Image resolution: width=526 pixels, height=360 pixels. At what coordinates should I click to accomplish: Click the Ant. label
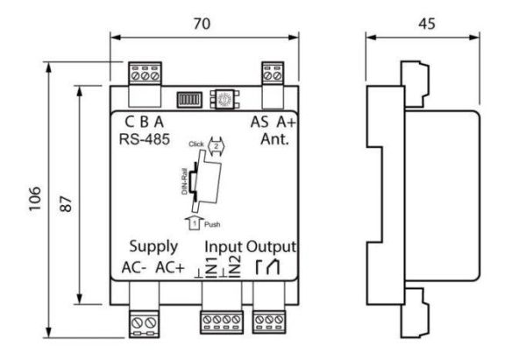click(x=273, y=138)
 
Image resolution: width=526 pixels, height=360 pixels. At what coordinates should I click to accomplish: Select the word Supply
click(x=153, y=246)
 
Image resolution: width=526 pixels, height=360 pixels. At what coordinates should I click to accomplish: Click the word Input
click(x=224, y=246)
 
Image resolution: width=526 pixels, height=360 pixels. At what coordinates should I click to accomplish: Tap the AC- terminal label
click(x=135, y=267)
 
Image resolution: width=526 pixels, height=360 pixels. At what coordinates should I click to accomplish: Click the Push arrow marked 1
click(x=195, y=225)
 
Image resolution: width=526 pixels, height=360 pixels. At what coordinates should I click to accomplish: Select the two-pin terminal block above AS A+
click(x=273, y=75)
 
